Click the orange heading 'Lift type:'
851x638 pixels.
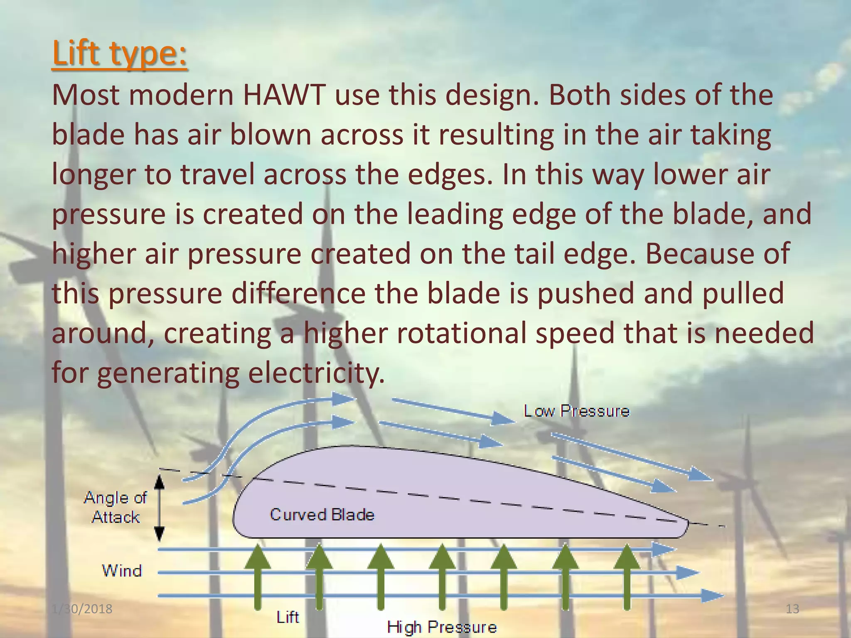pos(120,54)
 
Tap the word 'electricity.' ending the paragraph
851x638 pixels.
pos(316,373)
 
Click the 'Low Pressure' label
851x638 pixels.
pos(576,411)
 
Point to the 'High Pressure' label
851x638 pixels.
pos(442,627)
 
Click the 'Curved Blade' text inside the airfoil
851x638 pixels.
pos(322,515)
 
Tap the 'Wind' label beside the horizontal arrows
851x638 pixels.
pos(122,571)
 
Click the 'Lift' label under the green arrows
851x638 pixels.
pos(288,617)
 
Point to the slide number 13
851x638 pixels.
pos(792,609)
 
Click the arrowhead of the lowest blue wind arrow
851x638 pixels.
pos(713,596)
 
